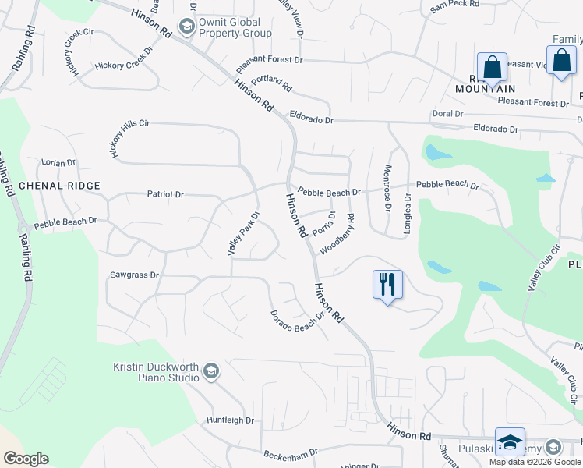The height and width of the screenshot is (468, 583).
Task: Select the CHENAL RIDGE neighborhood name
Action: [x=59, y=186]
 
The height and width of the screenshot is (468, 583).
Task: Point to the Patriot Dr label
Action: [x=165, y=194]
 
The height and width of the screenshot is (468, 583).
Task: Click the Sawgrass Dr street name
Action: [x=134, y=275]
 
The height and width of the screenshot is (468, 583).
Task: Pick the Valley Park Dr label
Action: [x=242, y=232]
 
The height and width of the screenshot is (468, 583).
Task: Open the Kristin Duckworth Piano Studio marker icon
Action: [x=210, y=371]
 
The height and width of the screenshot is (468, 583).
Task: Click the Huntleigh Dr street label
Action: [x=231, y=420]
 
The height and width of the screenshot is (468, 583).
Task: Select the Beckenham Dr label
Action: [x=291, y=452]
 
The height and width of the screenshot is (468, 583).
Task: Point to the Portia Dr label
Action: [x=323, y=224]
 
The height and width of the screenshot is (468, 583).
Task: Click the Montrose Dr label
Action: [x=386, y=188]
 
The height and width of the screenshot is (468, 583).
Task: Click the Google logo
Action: [x=26, y=459]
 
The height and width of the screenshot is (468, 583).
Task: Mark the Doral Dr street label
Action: [x=447, y=114]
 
